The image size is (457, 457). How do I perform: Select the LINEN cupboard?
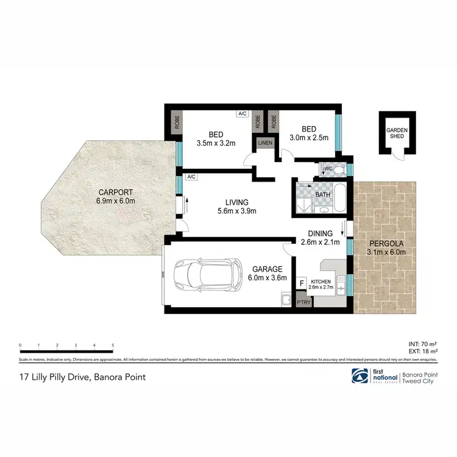265,143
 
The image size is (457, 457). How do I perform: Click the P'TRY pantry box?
302,303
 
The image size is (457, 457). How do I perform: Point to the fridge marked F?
301,284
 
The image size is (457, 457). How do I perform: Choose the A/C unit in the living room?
191,177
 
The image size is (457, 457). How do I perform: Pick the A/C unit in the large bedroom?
242,114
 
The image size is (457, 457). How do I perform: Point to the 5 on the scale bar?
113,345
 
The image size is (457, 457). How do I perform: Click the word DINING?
321,233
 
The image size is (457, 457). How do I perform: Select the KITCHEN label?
321,282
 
